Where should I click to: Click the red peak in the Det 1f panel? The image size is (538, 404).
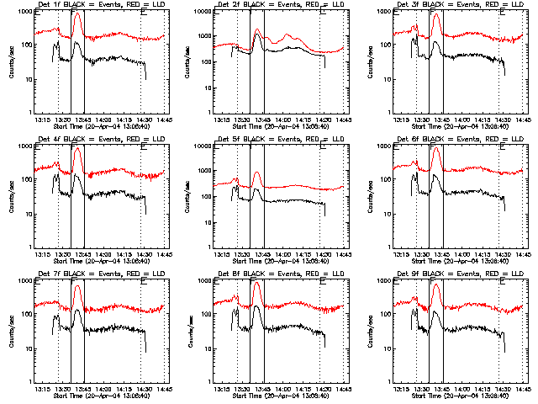pos(77,13)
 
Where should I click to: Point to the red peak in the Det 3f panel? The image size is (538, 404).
pos(435,14)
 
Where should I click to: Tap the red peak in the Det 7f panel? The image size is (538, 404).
pos(77,286)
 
